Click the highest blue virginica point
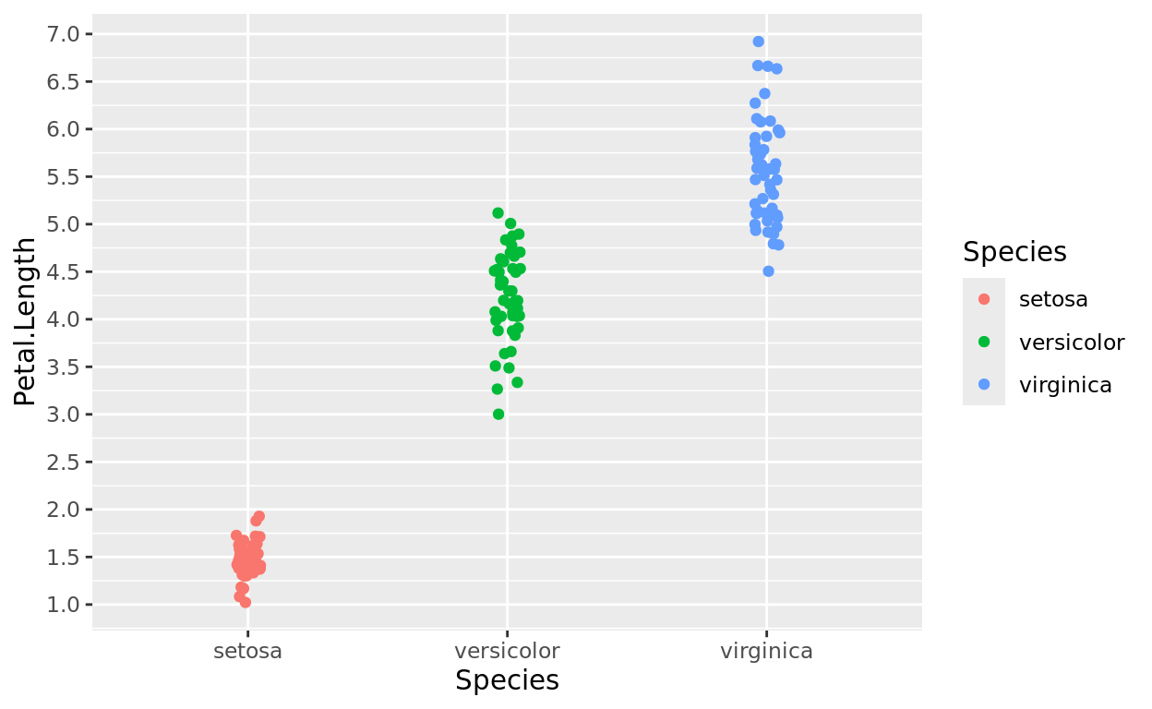point(758,42)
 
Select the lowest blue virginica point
point(768,271)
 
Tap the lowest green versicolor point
point(498,415)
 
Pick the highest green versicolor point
point(498,213)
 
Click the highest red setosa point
point(259,517)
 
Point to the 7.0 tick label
point(64,34)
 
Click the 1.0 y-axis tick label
point(64,605)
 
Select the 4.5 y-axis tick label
point(64,271)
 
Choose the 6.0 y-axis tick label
point(64,129)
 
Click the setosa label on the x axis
point(247,651)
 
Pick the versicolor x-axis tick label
point(507,651)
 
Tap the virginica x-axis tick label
point(766,651)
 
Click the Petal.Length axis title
point(26,321)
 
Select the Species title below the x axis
point(507,681)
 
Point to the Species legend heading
point(1014,252)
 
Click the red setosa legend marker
point(984,299)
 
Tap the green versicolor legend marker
point(984,342)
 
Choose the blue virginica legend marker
point(984,386)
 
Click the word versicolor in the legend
point(1071,342)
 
